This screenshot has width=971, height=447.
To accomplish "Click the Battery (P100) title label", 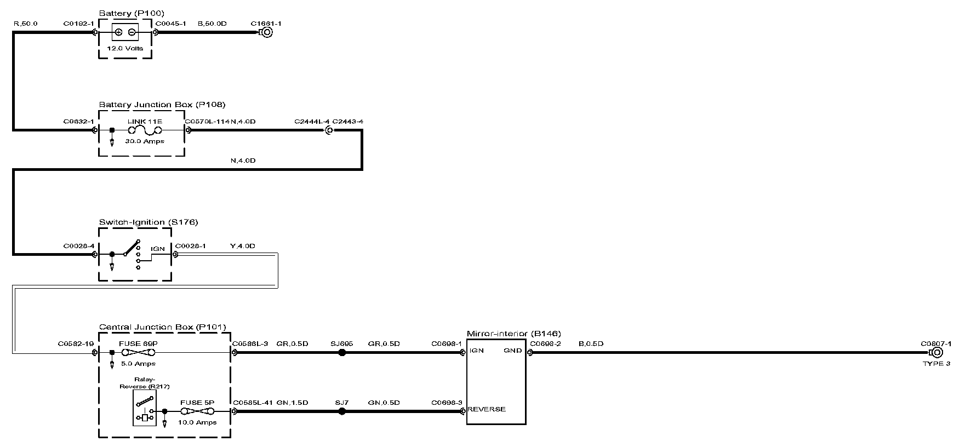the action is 132,13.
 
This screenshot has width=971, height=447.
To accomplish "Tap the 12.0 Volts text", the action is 125,48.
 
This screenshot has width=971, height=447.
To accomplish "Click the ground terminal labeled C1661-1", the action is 266,32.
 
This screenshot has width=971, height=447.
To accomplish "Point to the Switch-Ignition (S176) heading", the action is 148,222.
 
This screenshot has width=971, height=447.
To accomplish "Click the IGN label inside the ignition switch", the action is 158,249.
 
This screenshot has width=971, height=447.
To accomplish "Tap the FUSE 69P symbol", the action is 138,353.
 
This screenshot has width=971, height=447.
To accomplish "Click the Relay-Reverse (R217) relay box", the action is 145,408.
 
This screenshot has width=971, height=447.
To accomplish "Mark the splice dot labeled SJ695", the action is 342,353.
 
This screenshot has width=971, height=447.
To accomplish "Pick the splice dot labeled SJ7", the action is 342,411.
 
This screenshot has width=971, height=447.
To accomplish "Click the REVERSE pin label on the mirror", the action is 487,409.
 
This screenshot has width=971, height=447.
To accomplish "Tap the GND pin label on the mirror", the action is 513,351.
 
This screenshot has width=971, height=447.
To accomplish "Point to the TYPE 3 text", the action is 936,364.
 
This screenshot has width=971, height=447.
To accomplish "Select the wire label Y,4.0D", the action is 243,246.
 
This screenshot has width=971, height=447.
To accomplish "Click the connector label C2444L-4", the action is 312,122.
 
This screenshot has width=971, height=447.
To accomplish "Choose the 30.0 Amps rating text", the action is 145,141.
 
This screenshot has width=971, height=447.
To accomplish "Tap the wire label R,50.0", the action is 25,24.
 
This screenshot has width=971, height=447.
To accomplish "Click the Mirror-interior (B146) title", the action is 513,334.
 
